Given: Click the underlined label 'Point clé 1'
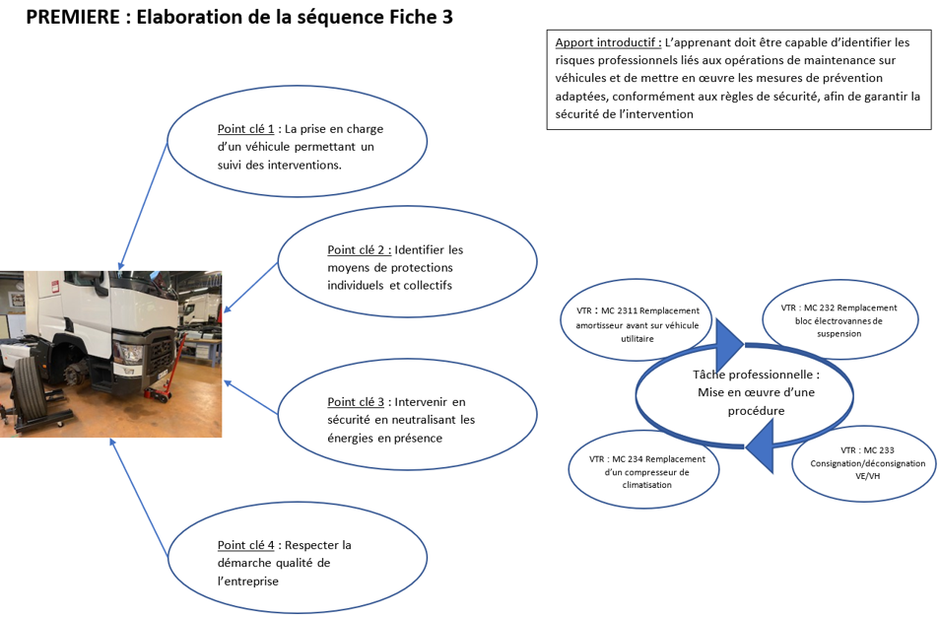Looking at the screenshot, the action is [245, 129].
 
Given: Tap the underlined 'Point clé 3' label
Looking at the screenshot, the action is [356, 402].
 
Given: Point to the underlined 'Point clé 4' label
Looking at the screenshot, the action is [245, 545].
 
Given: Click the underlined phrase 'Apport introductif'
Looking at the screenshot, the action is [607, 42].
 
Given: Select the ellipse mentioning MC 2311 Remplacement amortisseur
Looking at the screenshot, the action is [637, 320].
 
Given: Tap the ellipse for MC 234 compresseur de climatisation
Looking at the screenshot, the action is [643, 469].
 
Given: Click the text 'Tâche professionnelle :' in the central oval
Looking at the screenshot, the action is [757, 375].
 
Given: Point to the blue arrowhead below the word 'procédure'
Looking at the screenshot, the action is [761, 446].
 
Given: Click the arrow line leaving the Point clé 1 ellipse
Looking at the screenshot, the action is [143, 206].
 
